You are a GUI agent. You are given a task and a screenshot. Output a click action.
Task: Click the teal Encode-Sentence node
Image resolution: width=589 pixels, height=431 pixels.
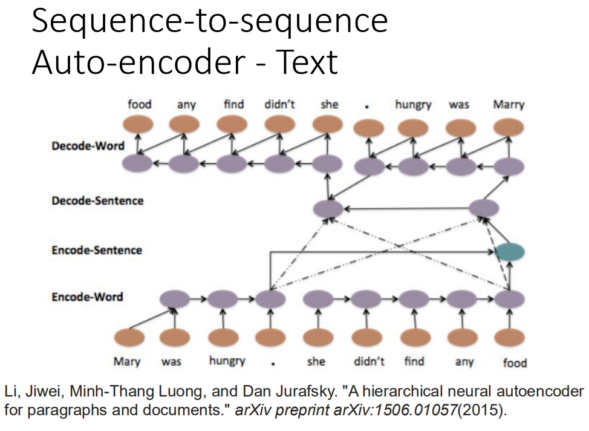coord(510,252)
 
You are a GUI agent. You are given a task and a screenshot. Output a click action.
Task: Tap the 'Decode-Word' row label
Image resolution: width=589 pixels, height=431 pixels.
coord(88,146)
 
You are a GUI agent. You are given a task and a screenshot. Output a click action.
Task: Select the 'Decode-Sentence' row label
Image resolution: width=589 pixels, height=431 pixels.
coord(97,201)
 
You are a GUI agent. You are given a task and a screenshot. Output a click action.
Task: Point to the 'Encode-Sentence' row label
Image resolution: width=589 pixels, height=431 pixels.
coord(97,250)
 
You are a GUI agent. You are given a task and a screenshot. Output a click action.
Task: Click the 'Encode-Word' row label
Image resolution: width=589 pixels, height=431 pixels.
coord(88,297)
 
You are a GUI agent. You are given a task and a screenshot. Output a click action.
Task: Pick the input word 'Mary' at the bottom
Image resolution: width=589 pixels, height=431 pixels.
coord(127,361)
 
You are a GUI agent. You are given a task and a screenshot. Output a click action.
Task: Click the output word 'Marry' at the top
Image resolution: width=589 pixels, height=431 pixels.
coord(509,105)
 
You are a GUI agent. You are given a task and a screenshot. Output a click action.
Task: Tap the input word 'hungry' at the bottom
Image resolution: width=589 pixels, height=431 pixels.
coord(227,361)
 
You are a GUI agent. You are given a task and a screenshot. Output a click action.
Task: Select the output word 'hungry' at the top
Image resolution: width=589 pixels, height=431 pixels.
coord(413,105)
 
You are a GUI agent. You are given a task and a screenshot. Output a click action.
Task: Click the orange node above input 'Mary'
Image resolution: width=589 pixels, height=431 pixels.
coord(129,337)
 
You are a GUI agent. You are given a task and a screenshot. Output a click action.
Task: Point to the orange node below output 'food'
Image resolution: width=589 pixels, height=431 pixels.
coord(138,125)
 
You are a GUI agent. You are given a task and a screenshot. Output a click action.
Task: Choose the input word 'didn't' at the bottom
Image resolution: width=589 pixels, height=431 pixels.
coord(369,361)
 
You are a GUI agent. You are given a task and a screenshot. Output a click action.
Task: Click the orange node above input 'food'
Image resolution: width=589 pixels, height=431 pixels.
coord(509,337)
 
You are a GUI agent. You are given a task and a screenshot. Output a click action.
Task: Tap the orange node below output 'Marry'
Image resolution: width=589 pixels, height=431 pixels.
coord(509,127)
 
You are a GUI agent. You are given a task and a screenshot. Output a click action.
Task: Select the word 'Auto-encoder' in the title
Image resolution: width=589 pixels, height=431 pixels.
coord(139,62)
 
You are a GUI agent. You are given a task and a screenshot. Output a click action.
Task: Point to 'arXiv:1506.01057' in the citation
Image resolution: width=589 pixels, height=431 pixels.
coord(395,410)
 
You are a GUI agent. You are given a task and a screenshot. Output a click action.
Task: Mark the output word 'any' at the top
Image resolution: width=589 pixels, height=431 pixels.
coord(186,105)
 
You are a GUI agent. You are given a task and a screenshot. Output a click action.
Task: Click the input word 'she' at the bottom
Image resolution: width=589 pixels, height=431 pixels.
coord(316,361)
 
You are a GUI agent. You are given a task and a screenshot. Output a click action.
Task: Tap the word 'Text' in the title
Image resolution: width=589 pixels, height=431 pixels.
coord(307,62)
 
